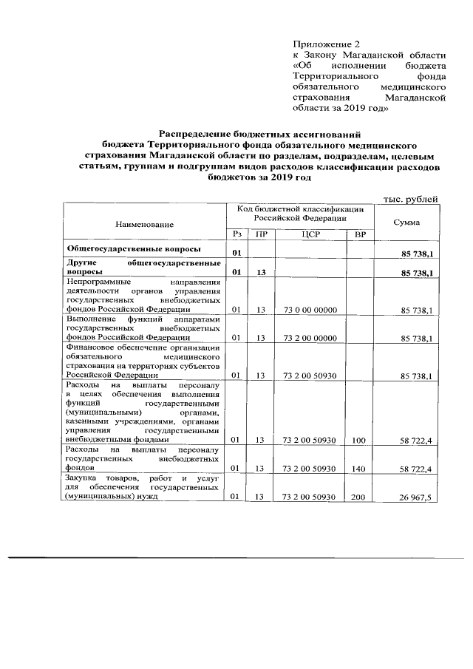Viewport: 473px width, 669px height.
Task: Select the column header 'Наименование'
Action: [x=144, y=223]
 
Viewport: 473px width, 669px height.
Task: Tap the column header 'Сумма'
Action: [x=407, y=222]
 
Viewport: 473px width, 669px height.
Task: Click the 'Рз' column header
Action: [x=236, y=235]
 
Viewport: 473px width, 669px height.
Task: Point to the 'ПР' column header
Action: [x=261, y=235]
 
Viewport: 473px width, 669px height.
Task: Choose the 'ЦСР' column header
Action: [x=310, y=235]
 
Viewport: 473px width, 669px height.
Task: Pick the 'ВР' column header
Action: [x=360, y=235]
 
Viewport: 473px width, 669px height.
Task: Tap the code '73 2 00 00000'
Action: [x=310, y=338]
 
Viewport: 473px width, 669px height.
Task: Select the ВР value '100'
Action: [x=358, y=441]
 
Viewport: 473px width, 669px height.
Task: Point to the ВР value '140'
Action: [x=358, y=469]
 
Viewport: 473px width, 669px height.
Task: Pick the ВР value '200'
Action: [x=358, y=497]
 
